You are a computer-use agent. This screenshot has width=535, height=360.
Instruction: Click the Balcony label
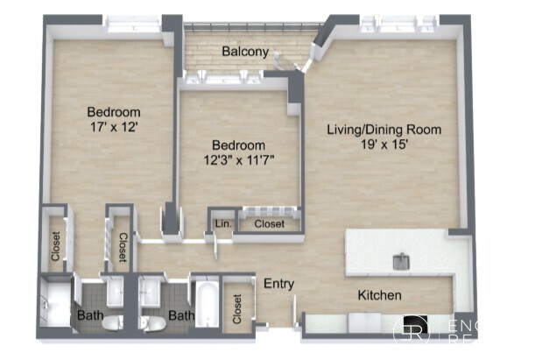(244, 52)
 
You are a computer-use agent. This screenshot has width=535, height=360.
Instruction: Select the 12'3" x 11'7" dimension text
(239, 159)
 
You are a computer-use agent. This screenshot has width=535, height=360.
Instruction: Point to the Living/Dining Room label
(384, 130)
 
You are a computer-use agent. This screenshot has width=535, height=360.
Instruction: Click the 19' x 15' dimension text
(384, 145)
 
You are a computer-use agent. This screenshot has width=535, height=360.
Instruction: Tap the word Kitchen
(378, 295)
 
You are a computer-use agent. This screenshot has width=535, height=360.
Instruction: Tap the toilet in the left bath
(111, 323)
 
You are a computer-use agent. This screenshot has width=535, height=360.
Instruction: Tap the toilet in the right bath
(152, 323)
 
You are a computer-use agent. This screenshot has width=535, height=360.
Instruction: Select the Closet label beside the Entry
(236, 307)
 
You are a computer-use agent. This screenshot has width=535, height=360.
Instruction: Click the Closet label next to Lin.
(270, 224)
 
